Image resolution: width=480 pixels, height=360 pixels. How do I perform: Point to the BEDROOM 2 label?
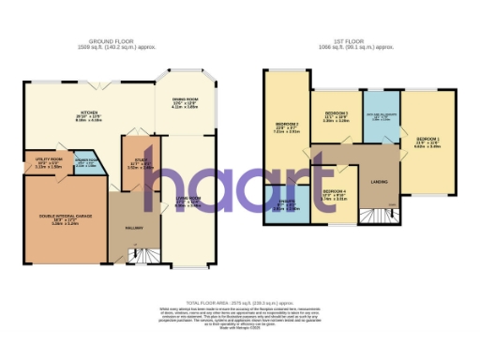tap(286, 128)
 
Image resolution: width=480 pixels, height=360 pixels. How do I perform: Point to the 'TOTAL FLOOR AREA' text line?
tap(241, 305)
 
